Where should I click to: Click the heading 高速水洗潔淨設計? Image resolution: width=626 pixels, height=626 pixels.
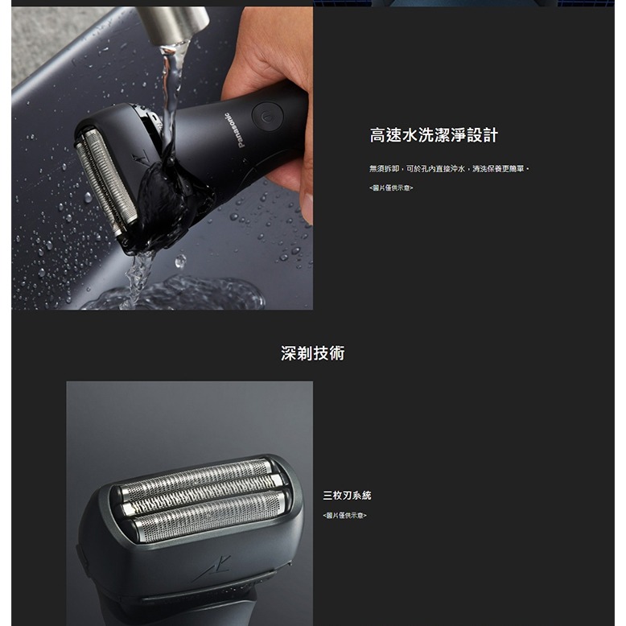(439, 135)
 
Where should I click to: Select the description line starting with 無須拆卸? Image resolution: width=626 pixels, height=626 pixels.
(448, 168)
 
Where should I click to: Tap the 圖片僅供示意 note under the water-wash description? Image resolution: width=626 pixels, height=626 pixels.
(390, 187)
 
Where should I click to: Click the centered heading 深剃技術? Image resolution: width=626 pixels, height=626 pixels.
(312, 352)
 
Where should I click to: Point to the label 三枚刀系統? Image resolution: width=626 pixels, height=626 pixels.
(347, 496)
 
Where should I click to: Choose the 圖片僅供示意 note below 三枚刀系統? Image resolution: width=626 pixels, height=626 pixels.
(344, 515)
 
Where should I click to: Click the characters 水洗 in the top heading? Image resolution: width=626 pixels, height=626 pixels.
(422, 135)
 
